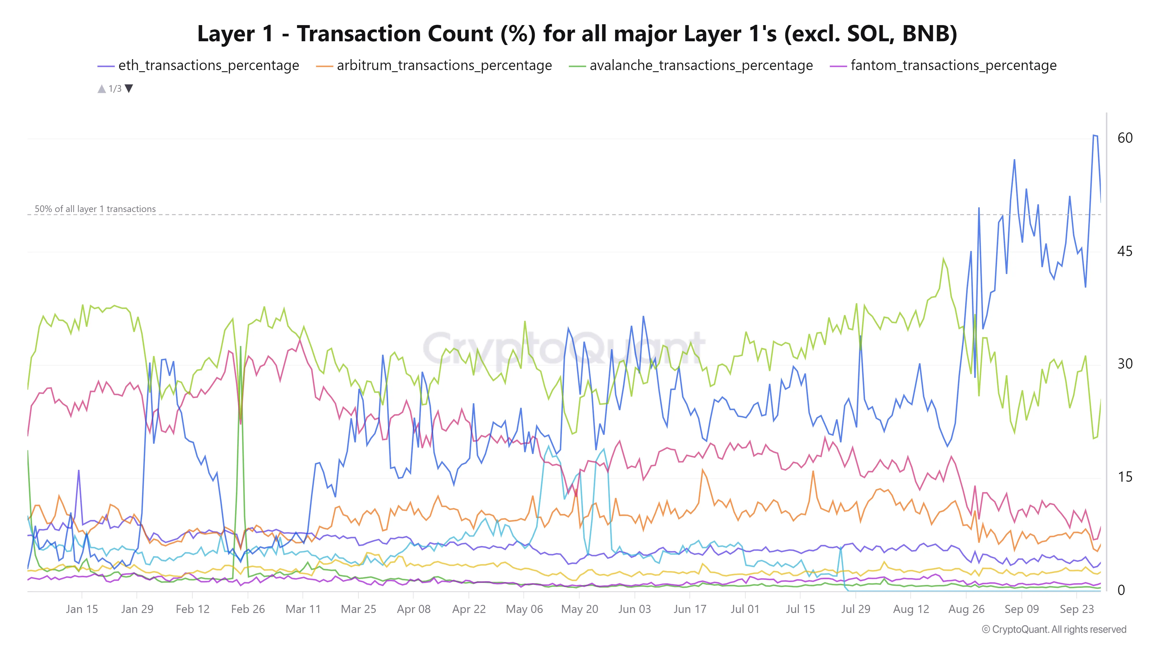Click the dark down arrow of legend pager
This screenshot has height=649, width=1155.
click(x=129, y=88)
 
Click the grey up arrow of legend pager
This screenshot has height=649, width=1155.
click(x=102, y=89)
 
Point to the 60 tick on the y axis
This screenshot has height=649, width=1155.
click(x=1124, y=138)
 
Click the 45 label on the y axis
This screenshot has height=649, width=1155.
click(x=1124, y=251)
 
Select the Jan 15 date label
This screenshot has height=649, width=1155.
click(x=82, y=609)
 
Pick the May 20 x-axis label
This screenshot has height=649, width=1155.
click(x=579, y=609)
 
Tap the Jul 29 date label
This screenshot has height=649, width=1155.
click(x=856, y=609)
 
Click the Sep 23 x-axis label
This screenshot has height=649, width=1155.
click(x=1076, y=609)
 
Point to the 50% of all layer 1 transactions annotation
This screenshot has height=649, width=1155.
click(x=95, y=209)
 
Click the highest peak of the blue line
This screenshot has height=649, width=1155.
click(x=1094, y=135)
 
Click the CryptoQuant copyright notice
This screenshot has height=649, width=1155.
click(x=1054, y=629)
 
